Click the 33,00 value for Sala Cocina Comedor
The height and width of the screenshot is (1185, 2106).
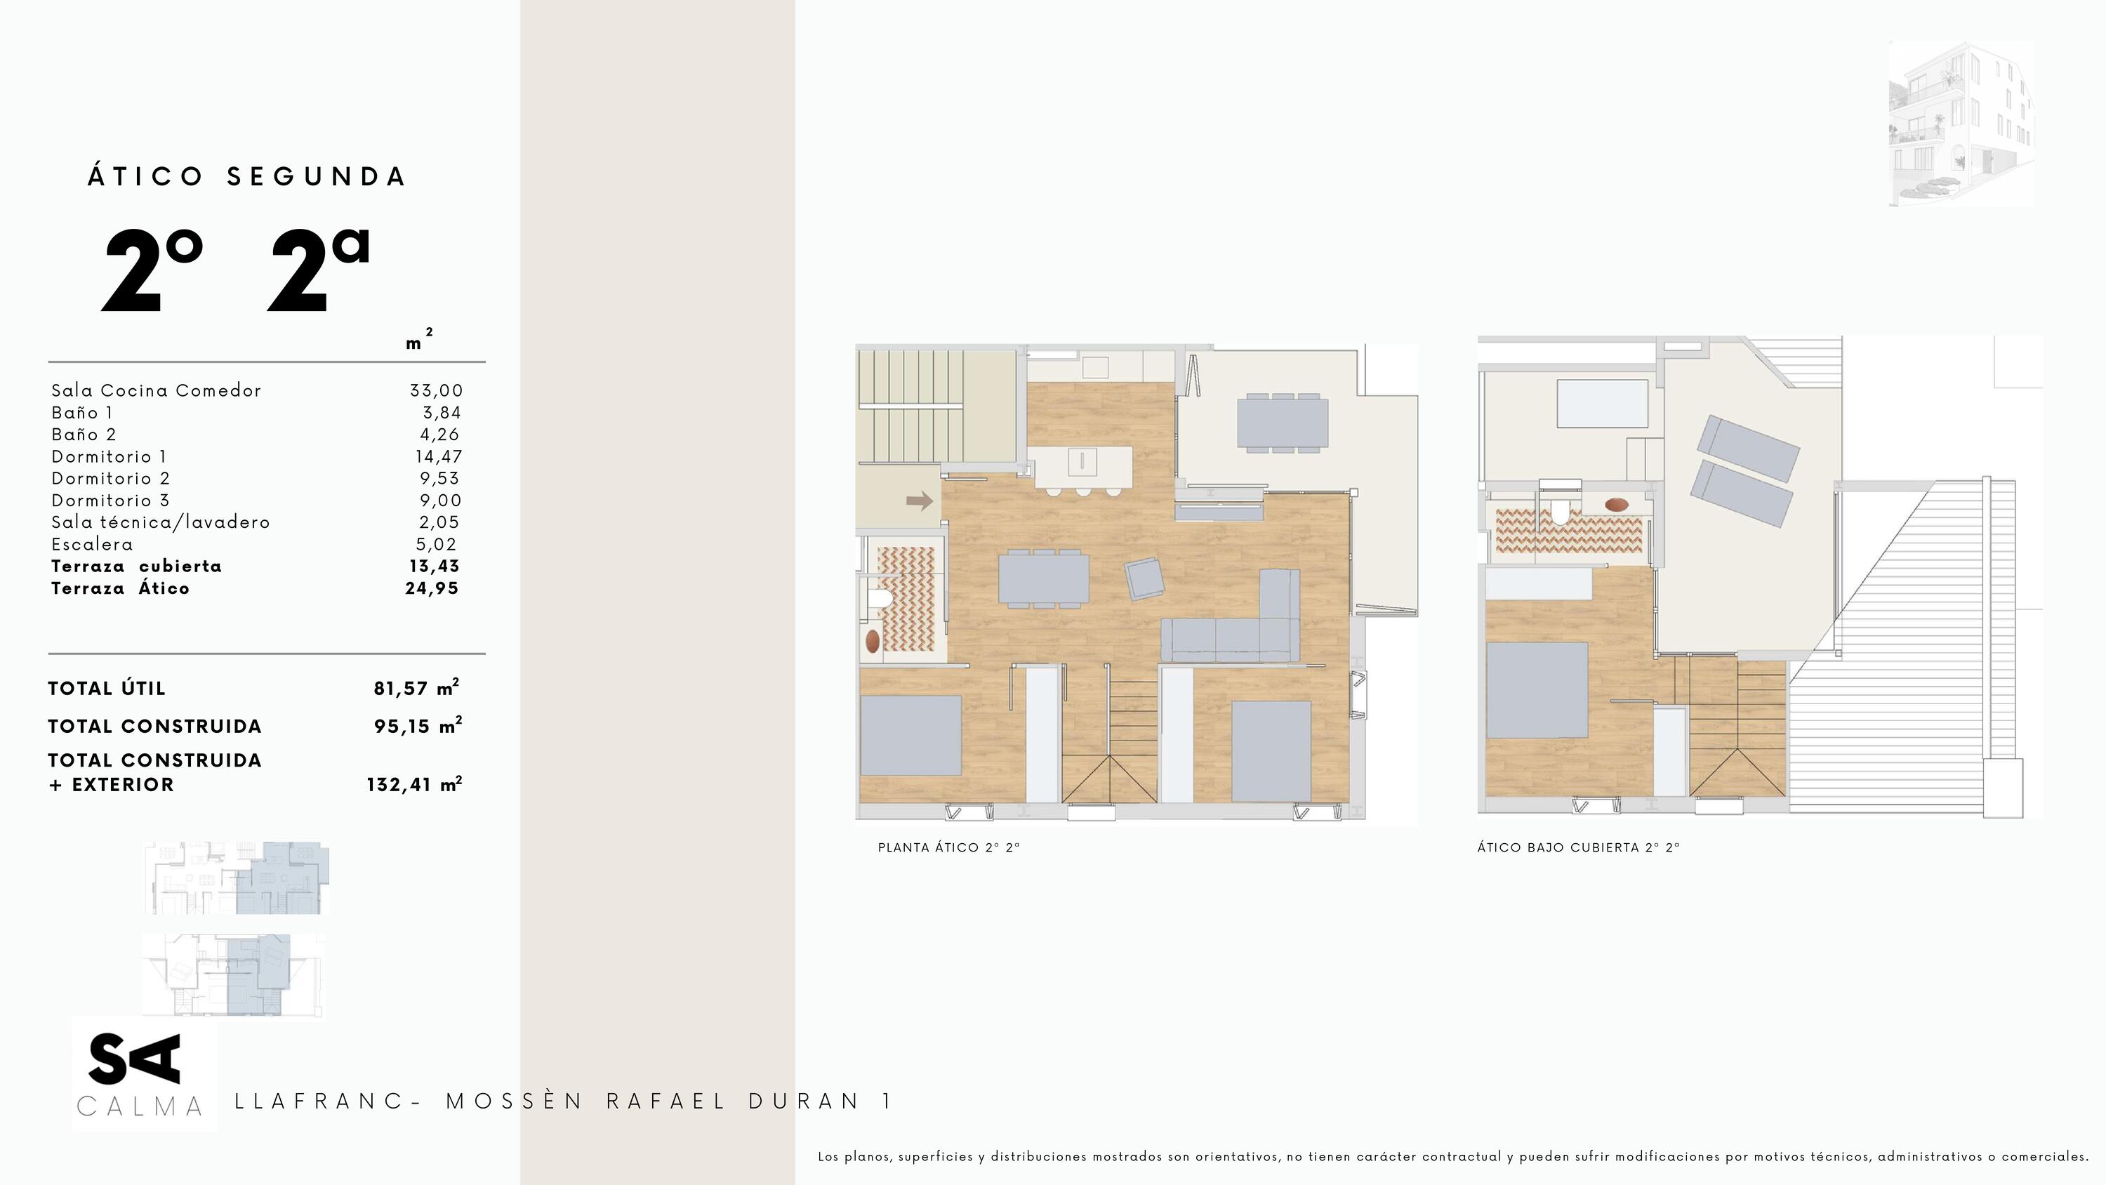coord(437,391)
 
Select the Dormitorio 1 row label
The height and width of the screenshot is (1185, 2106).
coord(109,456)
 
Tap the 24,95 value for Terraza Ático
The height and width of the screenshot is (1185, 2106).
coord(432,588)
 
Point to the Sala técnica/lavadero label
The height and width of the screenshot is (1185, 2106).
coord(160,522)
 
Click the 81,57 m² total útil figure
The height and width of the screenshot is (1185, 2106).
coord(417,687)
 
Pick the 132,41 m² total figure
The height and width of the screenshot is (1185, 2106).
coord(414,783)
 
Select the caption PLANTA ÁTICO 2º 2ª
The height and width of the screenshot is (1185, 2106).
coord(949,847)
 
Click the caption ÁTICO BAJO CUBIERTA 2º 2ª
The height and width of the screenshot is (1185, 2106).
coord(1578,847)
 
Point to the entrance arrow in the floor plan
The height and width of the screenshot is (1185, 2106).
coord(920,501)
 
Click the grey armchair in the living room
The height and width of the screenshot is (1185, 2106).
coord(1144,579)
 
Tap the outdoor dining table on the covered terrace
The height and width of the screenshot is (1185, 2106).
coord(1283,423)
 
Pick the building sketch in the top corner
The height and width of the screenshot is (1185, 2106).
coord(1961,124)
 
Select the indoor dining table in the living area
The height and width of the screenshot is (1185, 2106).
coord(1044,579)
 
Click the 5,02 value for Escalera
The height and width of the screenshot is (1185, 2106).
coord(437,544)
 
